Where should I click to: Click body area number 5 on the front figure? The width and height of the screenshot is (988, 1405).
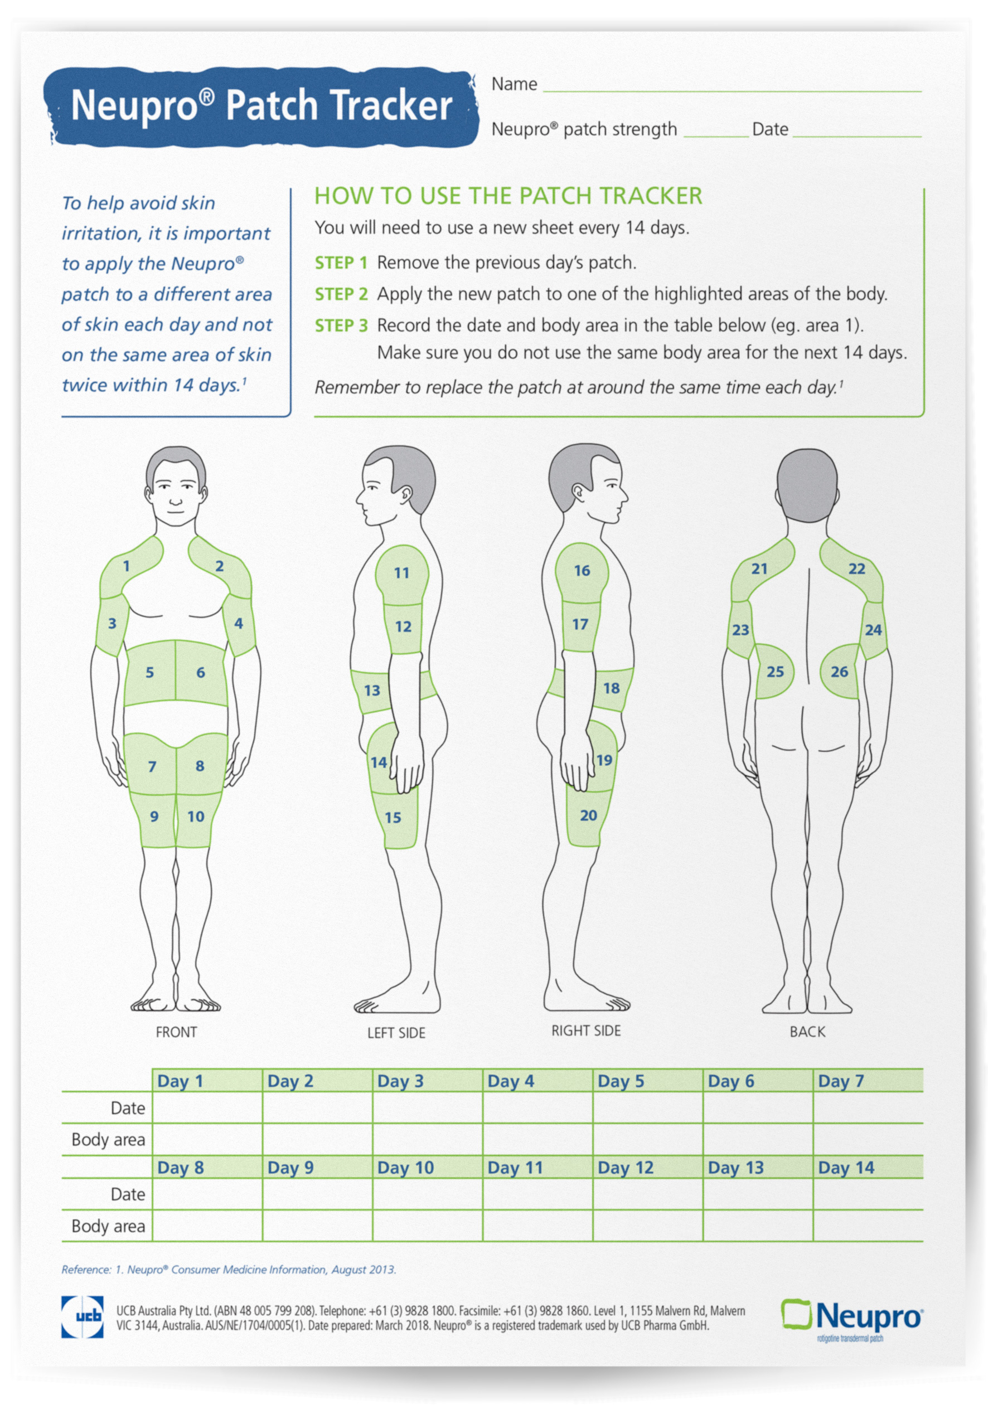(149, 673)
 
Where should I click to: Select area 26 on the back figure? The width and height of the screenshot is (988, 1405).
(839, 672)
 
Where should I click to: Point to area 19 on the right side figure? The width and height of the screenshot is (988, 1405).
(604, 760)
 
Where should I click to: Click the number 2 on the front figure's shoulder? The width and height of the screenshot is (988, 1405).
(219, 566)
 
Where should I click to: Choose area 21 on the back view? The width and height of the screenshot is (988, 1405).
(759, 569)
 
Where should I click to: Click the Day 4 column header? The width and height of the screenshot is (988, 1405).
(511, 1081)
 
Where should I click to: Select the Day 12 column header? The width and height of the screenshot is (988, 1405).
(625, 1168)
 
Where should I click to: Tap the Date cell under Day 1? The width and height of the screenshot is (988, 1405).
(207, 1108)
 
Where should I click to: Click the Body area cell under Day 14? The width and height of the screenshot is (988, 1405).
(868, 1226)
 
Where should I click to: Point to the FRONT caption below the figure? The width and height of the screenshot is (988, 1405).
(176, 1032)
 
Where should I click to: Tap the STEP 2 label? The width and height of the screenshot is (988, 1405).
(341, 294)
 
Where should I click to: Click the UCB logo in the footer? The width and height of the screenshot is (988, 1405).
(82, 1317)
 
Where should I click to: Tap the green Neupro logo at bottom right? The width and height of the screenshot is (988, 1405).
(851, 1316)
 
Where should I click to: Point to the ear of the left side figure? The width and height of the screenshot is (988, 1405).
(405, 492)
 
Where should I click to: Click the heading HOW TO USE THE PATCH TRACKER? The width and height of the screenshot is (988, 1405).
(508, 196)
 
